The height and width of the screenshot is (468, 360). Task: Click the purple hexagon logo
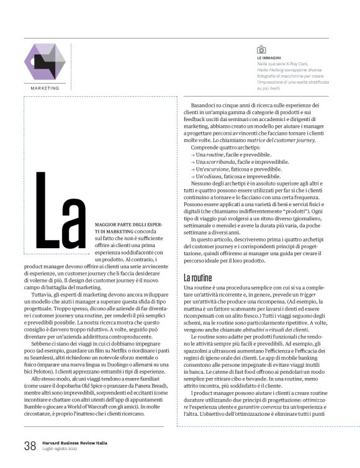[x=44, y=61]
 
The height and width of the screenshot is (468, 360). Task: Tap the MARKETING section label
[x=44, y=88]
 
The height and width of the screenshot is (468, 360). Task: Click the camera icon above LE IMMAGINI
[x=261, y=49]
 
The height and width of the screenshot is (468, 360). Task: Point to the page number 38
[x=30, y=446]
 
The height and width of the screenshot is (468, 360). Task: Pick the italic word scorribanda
[x=218, y=161]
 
